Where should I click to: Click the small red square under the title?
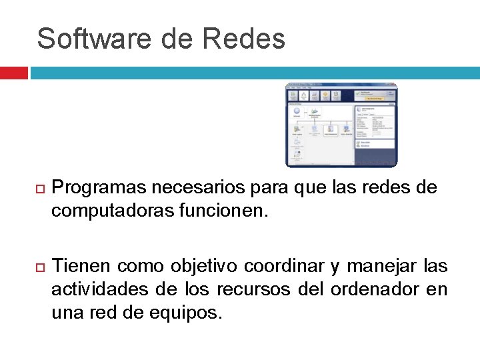tap(13, 73)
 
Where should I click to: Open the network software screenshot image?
tap(341, 125)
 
